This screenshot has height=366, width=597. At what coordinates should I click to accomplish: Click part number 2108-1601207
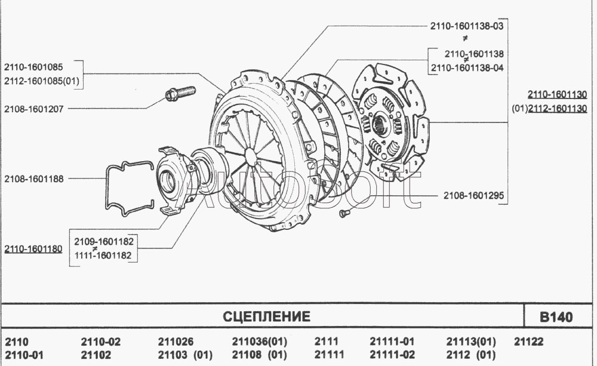34,109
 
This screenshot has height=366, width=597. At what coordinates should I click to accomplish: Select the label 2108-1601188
34,179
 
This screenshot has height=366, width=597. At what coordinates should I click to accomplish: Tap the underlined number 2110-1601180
33,249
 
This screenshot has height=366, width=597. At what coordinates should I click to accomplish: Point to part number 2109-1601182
104,241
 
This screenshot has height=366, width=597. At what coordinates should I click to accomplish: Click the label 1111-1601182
103,256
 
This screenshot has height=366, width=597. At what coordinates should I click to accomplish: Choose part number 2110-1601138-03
467,26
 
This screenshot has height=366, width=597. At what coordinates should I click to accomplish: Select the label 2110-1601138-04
467,68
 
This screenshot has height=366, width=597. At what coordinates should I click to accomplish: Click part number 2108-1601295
473,196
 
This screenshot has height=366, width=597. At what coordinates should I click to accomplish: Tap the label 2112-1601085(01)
42,81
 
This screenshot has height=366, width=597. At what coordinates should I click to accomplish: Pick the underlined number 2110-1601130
557,94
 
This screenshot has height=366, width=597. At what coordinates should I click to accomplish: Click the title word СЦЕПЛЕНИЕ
266,316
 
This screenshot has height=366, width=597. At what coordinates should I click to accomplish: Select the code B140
556,317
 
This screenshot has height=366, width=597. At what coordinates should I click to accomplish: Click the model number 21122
529,342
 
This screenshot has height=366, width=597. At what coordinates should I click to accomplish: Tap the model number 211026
176,342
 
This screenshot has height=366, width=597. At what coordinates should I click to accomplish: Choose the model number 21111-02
392,355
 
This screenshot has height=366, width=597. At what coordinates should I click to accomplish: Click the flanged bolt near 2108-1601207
180,93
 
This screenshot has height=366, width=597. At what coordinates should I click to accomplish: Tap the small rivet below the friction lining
343,213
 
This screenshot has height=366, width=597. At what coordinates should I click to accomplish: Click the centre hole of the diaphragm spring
251,156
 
